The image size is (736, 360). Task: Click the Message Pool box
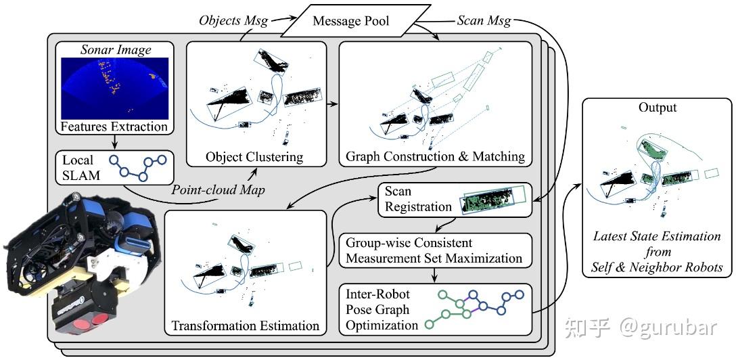(x=350, y=21)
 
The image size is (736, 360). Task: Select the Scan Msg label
(x=479, y=20)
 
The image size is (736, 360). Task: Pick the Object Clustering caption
(x=254, y=157)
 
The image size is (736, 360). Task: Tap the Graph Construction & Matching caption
(x=435, y=157)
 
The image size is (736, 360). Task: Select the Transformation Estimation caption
(x=246, y=325)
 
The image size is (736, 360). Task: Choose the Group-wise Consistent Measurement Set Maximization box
(x=434, y=250)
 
